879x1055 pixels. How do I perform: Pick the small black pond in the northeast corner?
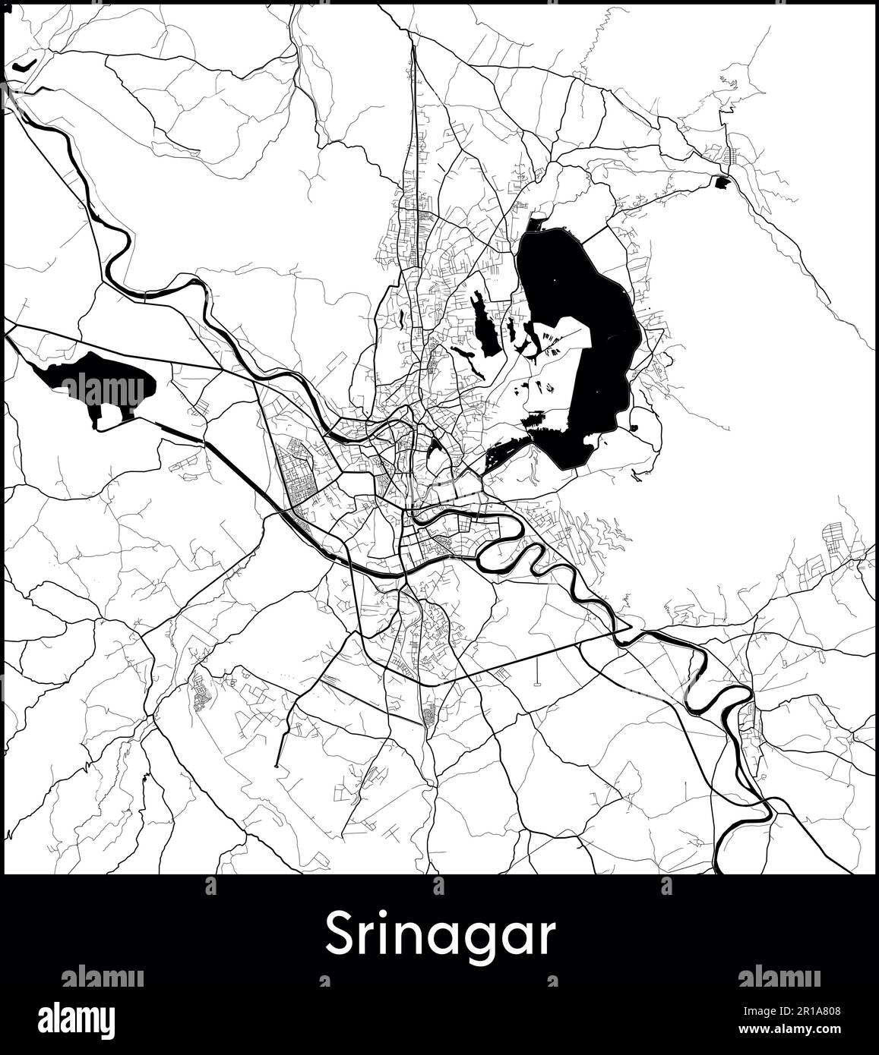720,181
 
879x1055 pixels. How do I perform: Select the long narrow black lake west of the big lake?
485,326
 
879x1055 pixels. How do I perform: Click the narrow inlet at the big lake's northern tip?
536,225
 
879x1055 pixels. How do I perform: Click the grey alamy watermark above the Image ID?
779,978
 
